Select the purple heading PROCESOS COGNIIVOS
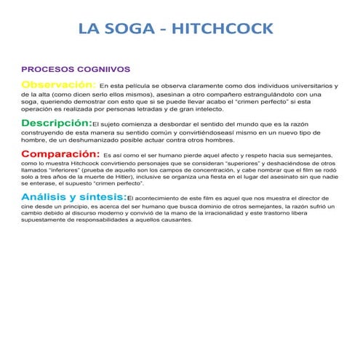pos(66,69)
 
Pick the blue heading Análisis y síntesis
pos(73,197)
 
